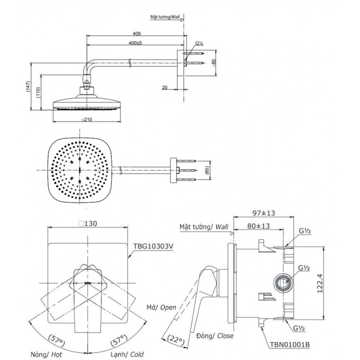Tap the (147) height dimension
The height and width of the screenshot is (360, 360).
28,86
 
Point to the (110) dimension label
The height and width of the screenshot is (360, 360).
38,92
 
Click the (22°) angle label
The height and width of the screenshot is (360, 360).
175,338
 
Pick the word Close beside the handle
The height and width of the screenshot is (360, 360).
224,336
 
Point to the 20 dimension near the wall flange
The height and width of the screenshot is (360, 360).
166,88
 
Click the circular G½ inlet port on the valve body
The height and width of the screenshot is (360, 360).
282,283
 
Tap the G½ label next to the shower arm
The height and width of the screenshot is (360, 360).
200,44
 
